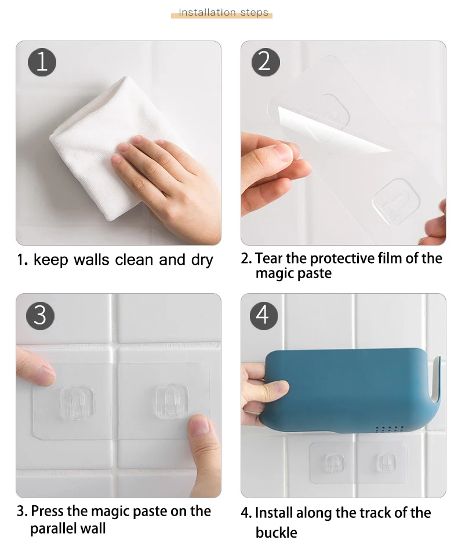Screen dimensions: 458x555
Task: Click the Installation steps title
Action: coord(223,12)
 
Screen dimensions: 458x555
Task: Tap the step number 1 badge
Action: coord(42,62)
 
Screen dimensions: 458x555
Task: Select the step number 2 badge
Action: coord(266,62)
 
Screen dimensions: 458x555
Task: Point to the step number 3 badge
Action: coord(41,316)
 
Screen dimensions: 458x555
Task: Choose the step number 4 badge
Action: coord(264,316)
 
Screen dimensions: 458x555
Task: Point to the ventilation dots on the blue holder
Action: coord(389,429)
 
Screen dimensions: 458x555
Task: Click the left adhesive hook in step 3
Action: coord(77,403)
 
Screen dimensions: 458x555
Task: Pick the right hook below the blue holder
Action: coord(386,462)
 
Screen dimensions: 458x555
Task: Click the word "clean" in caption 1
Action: coord(135,260)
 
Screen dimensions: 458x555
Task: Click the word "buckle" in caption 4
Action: coord(277,532)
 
